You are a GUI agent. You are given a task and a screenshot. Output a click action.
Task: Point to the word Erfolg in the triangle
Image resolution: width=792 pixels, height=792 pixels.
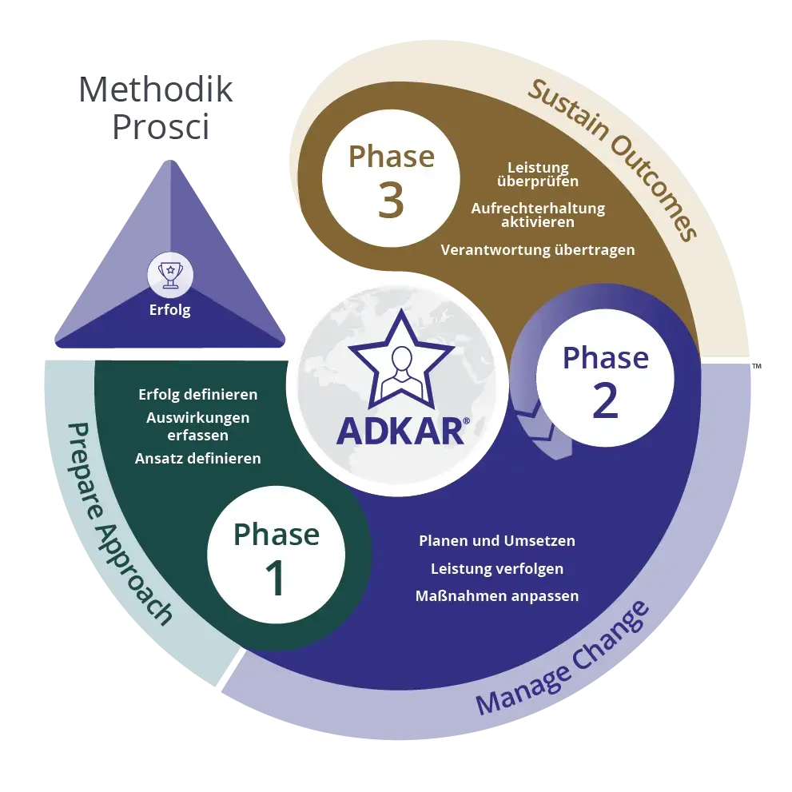pyautogui.click(x=169, y=309)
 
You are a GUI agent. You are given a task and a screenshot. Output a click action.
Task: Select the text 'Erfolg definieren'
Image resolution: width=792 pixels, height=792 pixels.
pyautogui.click(x=197, y=395)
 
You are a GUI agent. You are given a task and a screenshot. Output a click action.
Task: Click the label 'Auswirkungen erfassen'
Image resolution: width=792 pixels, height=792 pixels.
pyautogui.click(x=197, y=426)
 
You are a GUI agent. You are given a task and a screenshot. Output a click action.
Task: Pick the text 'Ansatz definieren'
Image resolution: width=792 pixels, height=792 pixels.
pyautogui.click(x=197, y=459)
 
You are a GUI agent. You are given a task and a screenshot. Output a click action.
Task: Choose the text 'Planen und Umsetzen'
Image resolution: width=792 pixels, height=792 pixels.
pyautogui.click(x=496, y=541)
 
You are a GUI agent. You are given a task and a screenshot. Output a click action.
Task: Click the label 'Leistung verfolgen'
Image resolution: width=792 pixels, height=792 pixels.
pyautogui.click(x=496, y=569)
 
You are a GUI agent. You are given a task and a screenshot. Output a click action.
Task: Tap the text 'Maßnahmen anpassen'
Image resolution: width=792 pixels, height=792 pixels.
pyautogui.click(x=496, y=596)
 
